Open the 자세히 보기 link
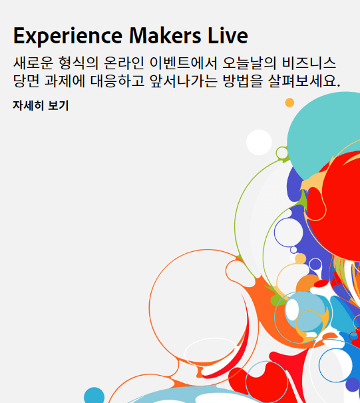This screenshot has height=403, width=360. tap(41, 105)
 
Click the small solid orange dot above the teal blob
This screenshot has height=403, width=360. tap(289, 103)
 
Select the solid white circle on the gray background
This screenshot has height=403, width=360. tap(259, 142)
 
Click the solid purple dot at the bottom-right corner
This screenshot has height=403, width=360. tap(353, 384)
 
